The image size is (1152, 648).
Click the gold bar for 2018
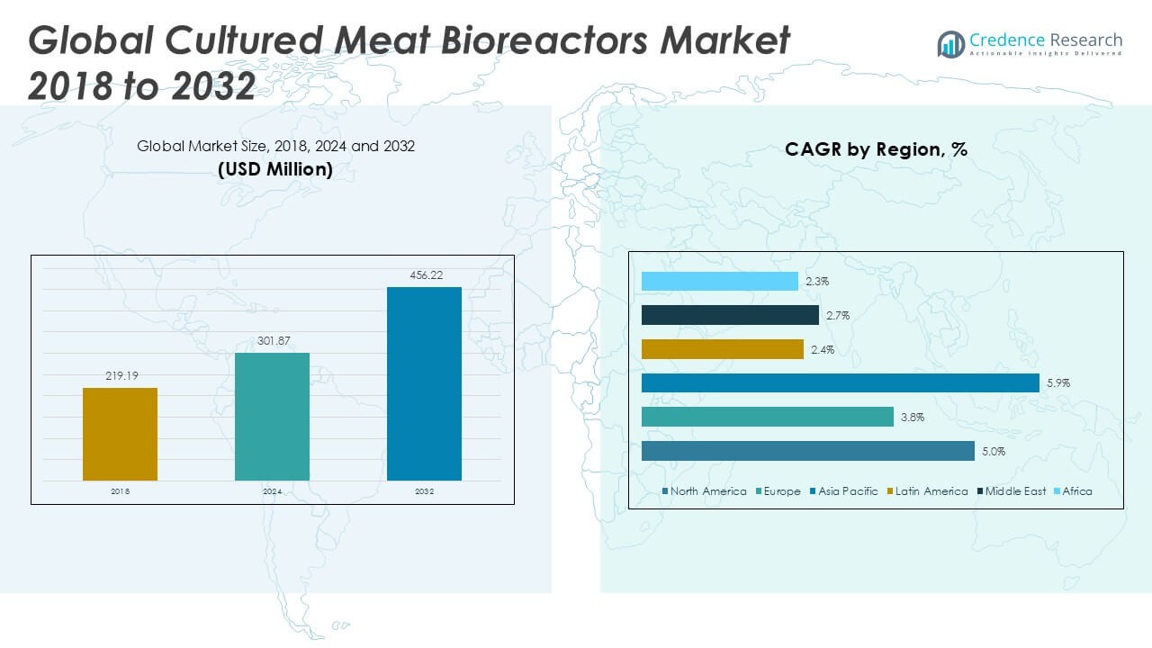click(120, 434)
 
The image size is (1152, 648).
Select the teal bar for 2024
click(272, 416)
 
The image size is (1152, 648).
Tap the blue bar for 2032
click(424, 383)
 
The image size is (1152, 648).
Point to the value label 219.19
click(120, 376)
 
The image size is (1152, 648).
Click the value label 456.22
click(424, 275)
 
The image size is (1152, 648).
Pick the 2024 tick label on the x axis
click(272, 491)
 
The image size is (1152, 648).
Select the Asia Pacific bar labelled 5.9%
click(841, 382)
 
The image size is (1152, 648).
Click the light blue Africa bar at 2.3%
click(719, 281)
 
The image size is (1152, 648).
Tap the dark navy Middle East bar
click(730, 315)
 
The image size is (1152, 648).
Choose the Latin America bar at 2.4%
click(722, 349)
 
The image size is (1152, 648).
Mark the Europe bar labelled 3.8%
click(767, 417)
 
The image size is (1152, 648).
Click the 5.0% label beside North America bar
click(993, 451)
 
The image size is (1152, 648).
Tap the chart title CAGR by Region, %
click(876, 149)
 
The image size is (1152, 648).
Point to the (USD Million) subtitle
click(275, 168)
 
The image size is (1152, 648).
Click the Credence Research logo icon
click(950, 44)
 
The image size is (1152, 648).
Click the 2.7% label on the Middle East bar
click(837, 315)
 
